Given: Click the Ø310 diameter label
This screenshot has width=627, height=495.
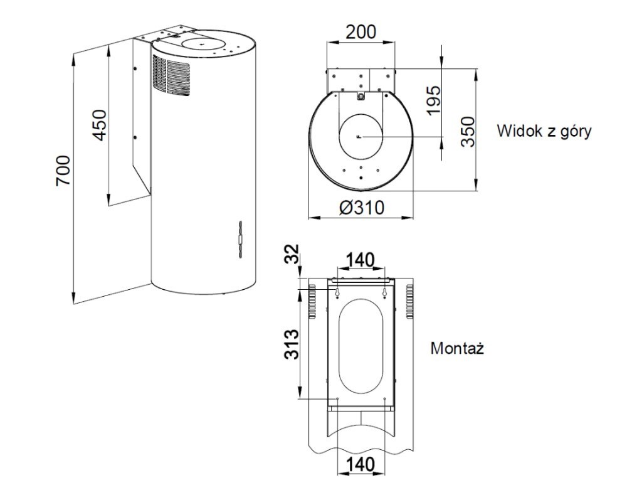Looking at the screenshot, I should [361, 208].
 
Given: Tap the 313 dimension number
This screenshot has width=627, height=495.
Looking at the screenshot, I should [290, 344].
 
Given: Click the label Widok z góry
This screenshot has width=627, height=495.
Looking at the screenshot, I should [544, 132].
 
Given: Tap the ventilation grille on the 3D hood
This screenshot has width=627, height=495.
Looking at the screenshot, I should [171, 75].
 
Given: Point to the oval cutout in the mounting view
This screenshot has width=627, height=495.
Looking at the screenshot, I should [361, 347].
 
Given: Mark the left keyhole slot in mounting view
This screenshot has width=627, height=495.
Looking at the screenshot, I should [337, 292].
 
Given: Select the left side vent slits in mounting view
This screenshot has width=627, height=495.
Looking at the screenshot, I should [310, 301].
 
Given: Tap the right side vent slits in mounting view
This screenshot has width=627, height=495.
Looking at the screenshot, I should [411, 301].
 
